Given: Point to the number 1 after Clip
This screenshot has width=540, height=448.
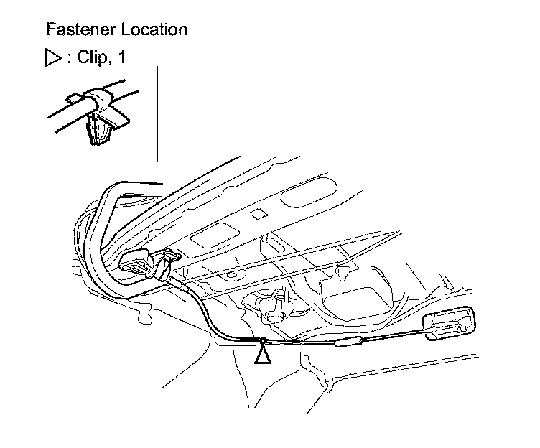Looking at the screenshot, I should coord(121,58).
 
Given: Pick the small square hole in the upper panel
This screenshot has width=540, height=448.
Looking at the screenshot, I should coord(257,214).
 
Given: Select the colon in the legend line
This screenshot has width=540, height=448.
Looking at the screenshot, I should coord(69,59).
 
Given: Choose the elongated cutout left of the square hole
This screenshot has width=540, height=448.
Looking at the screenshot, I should coord(213,238).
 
